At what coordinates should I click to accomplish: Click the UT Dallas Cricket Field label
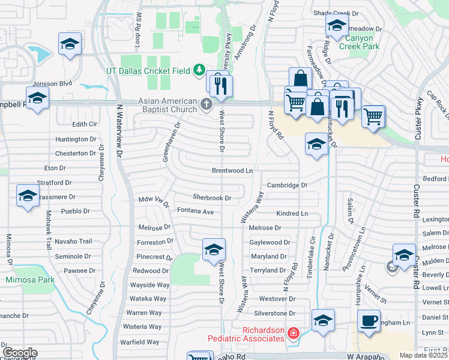tap(148, 70)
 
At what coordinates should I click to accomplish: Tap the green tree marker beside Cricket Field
tap(199, 71)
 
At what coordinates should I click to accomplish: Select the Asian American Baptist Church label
tap(167, 105)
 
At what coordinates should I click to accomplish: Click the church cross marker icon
tap(206, 105)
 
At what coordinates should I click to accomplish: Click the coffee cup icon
tap(368, 320)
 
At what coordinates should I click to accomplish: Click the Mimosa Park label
tap(30, 280)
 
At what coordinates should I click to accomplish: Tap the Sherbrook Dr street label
tap(212, 197)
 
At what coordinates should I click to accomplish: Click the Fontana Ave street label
tap(196, 211)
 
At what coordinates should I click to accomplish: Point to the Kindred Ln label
tap(292, 214)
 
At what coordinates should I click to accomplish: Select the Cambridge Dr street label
tap(287, 185)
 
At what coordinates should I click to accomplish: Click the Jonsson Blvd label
tap(53, 83)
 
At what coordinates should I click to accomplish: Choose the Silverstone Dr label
tap(276, 313)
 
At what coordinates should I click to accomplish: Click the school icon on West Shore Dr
tap(213, 250)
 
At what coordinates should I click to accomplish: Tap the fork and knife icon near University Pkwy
tap(222, 86)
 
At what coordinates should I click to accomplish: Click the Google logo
tap(20, 353)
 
